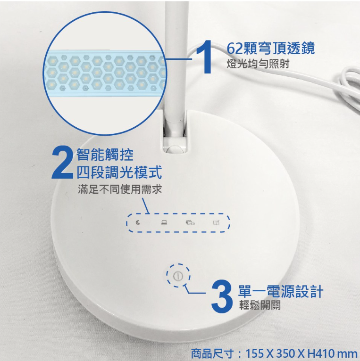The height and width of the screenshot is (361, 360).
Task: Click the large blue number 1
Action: pyautogui.click(x=204, y=57)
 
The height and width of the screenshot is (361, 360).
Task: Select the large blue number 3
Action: pyautogui.click(x=222, y=296)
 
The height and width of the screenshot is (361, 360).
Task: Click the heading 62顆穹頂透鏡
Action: pyautogui.click(x=270, y=49)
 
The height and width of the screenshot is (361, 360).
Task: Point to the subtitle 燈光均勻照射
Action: pyautogui.click(x=258, y=64)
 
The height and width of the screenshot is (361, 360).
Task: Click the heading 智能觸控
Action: pyautogui.click(x=105, y=154)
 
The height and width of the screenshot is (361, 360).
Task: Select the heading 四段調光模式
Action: pyautogui.click(x=119, y=172)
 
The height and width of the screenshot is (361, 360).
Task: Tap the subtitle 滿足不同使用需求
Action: pyautogui.click(x=120, y=189)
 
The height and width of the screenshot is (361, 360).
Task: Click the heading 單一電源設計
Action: pyautogui.click(x=280, y=291)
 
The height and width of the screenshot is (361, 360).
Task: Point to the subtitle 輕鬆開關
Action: pyautogui.click(x=260, y=305)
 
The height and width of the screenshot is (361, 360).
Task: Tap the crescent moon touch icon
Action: pyautogui.click(x=138, y=222)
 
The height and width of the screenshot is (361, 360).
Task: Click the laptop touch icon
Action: pyautogui.click(x=164, y=222)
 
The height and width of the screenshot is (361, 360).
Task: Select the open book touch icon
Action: pyautogui.click(x=216, y=222)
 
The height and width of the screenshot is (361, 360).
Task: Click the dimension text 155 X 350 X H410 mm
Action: pyautogui.click(x=301, y=353)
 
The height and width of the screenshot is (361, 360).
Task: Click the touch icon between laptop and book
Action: pyautogui.click(x=190, y=222)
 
